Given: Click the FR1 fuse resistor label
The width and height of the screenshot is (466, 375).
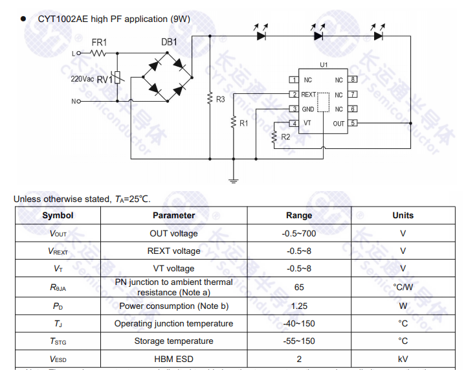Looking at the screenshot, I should (x=99, y=43).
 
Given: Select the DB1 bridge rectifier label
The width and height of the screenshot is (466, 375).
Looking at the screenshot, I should (x=169, y=43).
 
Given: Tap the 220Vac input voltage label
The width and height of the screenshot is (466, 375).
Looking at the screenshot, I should (x=83, y=79).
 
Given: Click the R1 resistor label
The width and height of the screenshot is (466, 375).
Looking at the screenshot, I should (x=243, y=122).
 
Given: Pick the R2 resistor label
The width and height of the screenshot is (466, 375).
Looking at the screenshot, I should (x=285, y=137).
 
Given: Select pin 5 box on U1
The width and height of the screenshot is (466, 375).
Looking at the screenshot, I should (x=353, y=123).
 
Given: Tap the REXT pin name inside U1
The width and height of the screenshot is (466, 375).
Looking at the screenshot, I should (x=309, y=95).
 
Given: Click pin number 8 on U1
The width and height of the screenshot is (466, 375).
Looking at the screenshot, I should (x=353, y=80).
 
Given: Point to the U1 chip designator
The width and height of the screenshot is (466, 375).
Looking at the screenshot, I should (x=324, y=65).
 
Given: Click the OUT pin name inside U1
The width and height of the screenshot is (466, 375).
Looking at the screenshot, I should (x=338, y=123).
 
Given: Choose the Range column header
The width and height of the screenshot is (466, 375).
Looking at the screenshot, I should (x=299, y=216).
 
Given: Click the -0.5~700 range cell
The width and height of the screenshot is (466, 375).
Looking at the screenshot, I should (x=299, y=233).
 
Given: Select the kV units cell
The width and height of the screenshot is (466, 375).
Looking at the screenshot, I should (x=403, y=359).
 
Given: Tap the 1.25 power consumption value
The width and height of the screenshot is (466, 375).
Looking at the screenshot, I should (x=299, y=306).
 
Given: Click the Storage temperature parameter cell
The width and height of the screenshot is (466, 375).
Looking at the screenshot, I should (x=173, y=341).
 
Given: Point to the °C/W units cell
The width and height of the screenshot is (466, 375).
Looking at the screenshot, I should (x=403, y=287).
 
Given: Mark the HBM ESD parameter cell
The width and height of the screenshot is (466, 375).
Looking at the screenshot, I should (x=173, y=359).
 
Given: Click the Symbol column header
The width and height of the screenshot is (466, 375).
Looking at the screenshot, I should (x=58, y=216).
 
